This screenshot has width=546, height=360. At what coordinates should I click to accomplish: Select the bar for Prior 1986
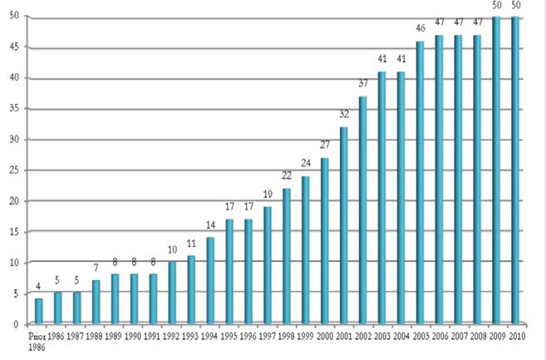[x=39, y=310]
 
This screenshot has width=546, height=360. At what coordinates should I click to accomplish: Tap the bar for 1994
[x=211, y=280]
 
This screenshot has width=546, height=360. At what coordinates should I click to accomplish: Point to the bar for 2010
[x=516, y=170]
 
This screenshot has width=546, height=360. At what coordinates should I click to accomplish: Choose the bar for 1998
[x=287, y=255]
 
